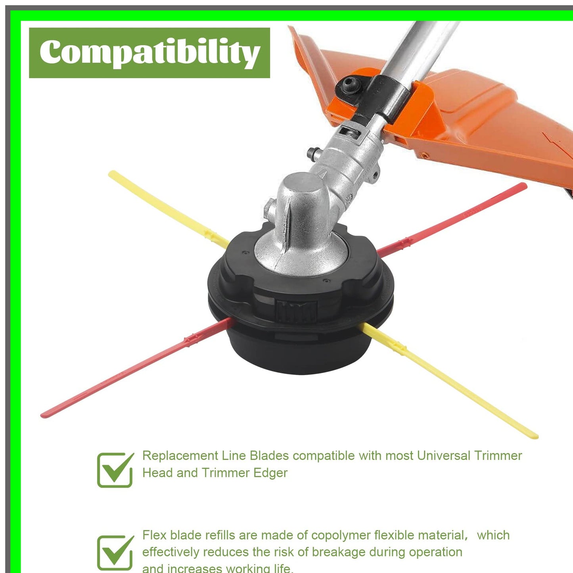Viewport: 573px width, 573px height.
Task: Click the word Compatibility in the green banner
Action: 149,52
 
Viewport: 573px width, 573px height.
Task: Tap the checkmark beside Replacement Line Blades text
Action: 115,470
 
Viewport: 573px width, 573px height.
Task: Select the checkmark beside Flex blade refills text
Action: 115,552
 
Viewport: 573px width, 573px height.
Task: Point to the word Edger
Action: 271,473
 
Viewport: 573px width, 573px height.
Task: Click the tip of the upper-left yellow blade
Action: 112,174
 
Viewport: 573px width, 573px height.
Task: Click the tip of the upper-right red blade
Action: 524,186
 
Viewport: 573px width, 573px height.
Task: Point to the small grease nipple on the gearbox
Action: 313,153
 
